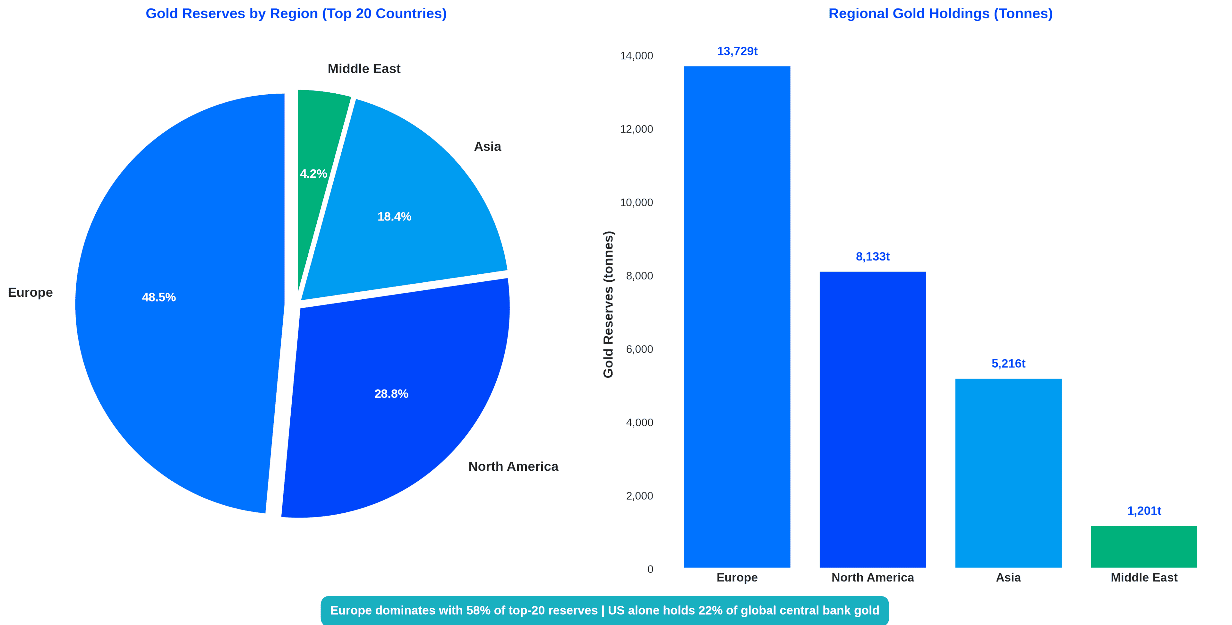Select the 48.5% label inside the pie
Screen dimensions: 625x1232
click(x=159, y=297)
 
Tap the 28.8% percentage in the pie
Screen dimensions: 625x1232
click(x=391, y=394)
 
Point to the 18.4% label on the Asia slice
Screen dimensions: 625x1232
click(x=394, y=217)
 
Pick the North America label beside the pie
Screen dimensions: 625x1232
click(x=513, y=467)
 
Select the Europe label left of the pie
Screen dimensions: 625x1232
click(x=30, y=293)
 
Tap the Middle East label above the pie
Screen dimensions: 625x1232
click(x=364, y=69)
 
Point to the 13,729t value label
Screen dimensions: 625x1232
click(x=737, y=51)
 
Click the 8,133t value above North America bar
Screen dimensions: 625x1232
click(x=872, y=257)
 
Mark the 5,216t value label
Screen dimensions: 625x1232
click(x=1008, y=364)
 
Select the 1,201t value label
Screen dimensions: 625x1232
click(x=1143, y=511)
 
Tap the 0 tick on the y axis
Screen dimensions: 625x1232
click(x=650, y=569)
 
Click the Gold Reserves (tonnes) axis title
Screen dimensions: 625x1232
click(x=608, y=304)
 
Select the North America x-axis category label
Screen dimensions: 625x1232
click(x=872, y=578)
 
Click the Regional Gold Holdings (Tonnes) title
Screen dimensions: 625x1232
click(x=940, y=13)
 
